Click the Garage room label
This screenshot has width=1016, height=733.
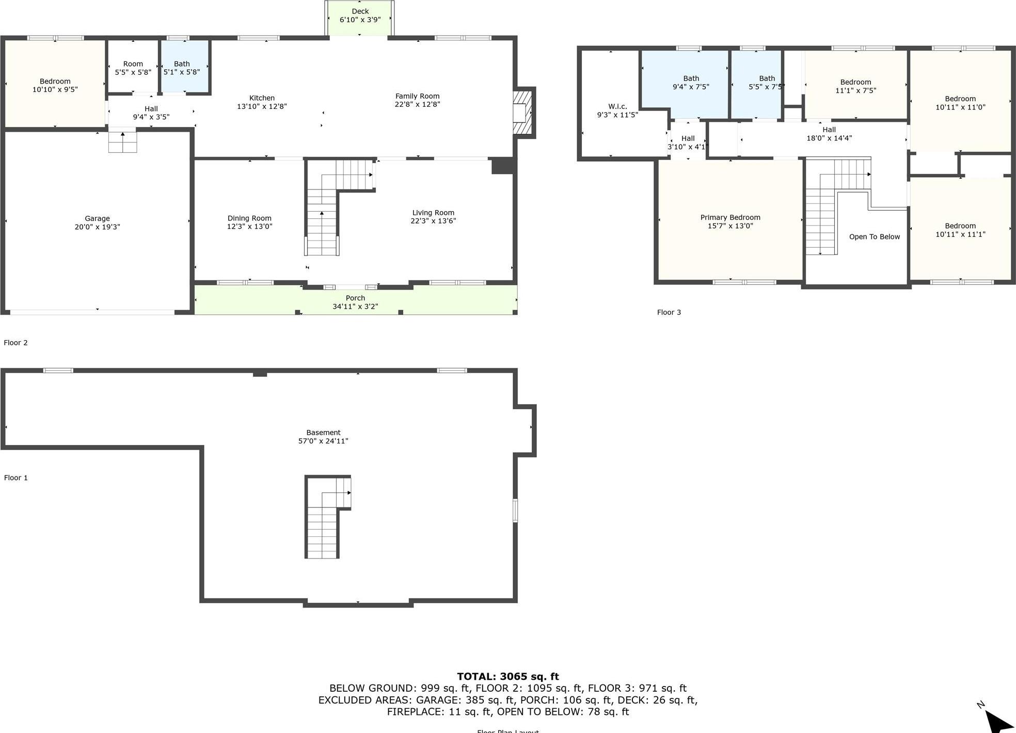tap(97, 219)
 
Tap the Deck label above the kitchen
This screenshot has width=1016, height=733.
tap(360, 11)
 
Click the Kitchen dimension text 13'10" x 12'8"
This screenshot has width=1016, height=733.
tap(262, 106)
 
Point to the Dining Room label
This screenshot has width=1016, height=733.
tap(249, 218)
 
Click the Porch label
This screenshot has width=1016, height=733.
tap(355, 298)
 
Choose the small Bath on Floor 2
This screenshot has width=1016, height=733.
tap(182, 68)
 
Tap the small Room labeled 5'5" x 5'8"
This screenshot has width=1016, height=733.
tap(133, 68)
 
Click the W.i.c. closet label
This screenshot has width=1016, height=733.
tap(617, 106)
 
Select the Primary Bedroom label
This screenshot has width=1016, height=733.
tap(730, 218)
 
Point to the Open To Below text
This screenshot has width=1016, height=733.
tap(874, 237)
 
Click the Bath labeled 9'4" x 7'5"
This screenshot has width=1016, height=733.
tap(691, 83)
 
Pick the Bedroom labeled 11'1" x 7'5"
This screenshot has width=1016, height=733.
tap(855, 86)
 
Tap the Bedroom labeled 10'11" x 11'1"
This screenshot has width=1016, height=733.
tap(960, 230)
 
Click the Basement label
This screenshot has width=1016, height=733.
tap(323, 433)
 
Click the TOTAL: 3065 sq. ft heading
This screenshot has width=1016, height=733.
tap(507, 676)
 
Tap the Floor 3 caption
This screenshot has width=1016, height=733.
tap(669, 312)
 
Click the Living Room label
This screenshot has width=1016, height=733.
tap(433, 213)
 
